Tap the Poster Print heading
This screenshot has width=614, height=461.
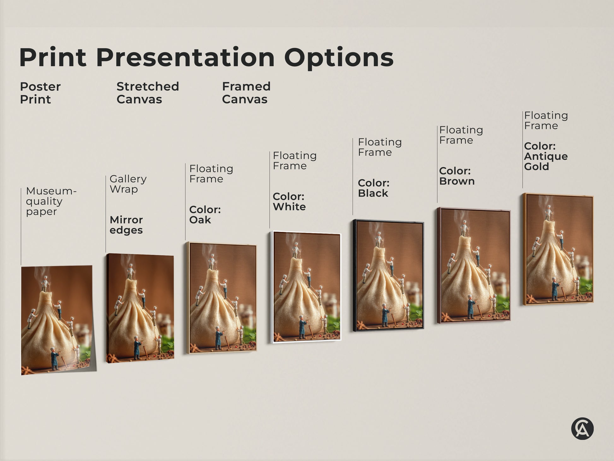tap(40, 93)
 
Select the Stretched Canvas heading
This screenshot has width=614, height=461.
tap(147, 93)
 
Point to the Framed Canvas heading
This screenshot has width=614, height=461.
tap(246, 93)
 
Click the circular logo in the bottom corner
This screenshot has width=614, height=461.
tap(582, 429)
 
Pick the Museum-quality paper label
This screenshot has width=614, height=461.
tap(50, 201)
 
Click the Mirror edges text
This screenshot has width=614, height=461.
tap(126, 225)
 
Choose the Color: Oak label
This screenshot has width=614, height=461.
tap(205, 215)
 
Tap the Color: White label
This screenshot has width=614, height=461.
tap(289, 201)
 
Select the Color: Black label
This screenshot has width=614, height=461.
tap(374, 188)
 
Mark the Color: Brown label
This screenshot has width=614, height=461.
tap(457, 176)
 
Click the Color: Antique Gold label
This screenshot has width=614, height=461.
tap(546, 156)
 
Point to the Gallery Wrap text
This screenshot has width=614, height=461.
tap(128, 184)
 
